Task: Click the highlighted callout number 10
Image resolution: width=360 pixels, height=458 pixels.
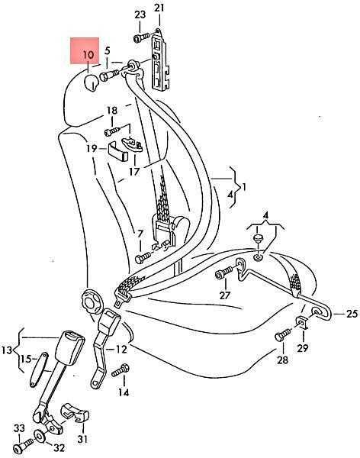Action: coord(88,55)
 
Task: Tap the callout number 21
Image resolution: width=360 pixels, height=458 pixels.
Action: coord(159,8)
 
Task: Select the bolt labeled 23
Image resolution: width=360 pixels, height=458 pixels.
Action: coord(142,38)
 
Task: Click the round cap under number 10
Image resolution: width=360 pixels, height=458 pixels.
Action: coord(92,82)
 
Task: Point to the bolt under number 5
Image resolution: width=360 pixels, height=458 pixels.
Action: coord(109,75)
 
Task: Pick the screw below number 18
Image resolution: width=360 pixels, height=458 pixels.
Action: coord(112,131)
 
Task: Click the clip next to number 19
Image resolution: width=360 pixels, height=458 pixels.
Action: coord(118,150)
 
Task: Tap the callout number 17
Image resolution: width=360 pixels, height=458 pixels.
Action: coord(134,172)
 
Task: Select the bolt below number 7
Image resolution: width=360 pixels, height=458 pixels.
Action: coord(143,258)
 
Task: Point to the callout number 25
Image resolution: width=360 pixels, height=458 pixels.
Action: coord(352,314)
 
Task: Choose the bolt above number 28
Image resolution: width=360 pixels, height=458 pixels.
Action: coord(283,335)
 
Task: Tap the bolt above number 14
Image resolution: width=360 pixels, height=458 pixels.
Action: coord(120,370)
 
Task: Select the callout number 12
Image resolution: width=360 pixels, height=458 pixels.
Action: coord(121,349)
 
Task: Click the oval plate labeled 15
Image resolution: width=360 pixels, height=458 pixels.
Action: coord(39,369)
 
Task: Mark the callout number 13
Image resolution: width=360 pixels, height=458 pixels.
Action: coord(6,350)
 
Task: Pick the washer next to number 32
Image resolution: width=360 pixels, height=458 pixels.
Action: coord(39,435)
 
